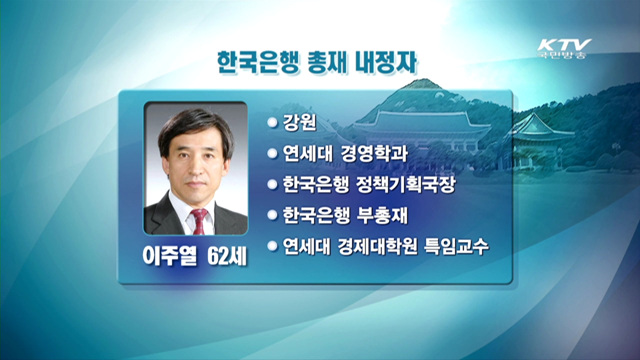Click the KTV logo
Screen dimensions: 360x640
[x=565, y=45]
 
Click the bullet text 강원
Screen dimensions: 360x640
[x=297, y=122]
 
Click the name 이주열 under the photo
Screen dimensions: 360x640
[x=172, y=254]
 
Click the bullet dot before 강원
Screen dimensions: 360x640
[x=271, y=122]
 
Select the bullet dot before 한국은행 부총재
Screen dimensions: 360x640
[x=271, y=215]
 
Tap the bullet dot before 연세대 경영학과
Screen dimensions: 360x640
[x=271, y=153]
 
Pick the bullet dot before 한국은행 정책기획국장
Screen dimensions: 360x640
[x=271, y=184]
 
